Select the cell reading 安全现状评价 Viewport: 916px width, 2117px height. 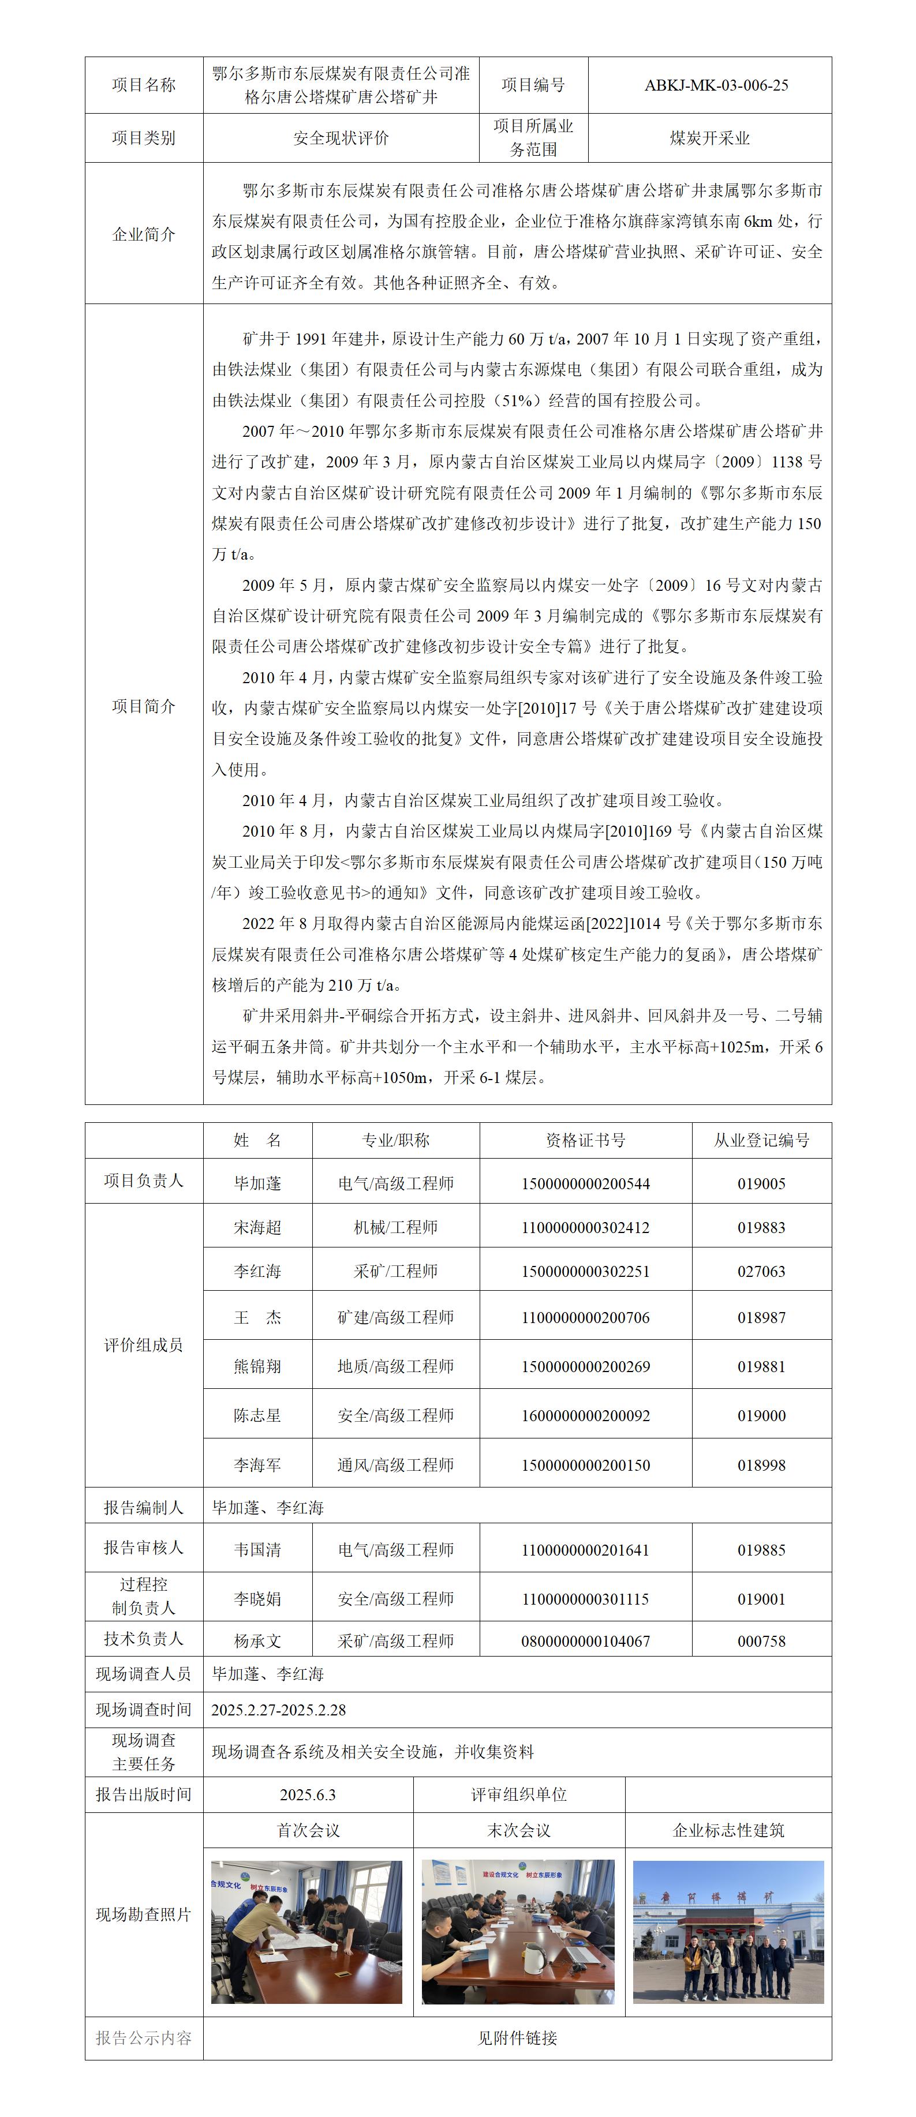point(341,138)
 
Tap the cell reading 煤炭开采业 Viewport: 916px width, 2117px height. point(709,138)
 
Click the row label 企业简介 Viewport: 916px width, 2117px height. point(144,235)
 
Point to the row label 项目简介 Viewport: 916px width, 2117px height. point(144,706)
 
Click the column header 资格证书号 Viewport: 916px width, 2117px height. point(585,1140)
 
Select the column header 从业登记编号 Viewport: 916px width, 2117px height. point(761,1140)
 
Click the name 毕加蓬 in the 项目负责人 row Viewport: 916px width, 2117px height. point(257,1183)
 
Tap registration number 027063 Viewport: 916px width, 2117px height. point(761,1271)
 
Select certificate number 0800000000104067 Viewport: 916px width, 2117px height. point(585,1641)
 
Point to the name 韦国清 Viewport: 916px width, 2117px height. point(257,1550)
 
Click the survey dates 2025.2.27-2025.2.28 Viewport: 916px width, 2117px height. point(278,1710)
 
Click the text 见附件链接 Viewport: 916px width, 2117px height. point(517,2038)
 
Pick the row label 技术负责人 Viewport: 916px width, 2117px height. point(144,1639)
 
